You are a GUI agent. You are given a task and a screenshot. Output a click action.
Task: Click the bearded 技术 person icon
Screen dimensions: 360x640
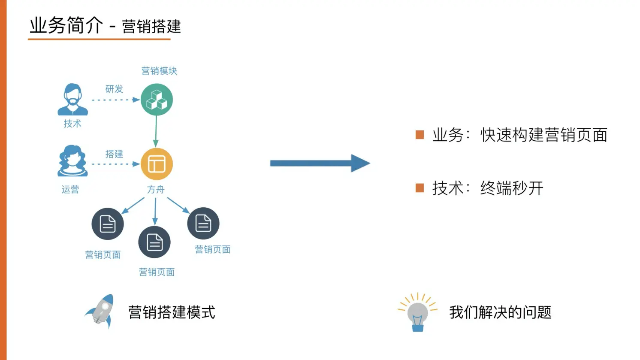pyautogui.click(x=72, y=100)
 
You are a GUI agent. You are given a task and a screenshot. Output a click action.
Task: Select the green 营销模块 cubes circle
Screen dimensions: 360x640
pyautogui.click(x=157, y=100)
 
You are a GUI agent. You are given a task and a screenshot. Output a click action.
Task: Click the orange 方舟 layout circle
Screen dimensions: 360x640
pyautogui.click(x=157, y=164)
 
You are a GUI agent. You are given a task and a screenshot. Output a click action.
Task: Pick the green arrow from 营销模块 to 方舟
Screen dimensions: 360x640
pyautogui.click(x=156, y=131)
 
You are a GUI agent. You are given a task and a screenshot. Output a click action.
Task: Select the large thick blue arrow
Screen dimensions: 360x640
pyautogui.click(x=320, y=163)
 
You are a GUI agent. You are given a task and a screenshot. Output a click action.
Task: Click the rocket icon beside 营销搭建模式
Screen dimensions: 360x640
pyautogui.click(x=101, y=311)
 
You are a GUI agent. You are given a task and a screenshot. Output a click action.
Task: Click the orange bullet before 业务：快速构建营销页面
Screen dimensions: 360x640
pyautogui.click(x=420, y=135)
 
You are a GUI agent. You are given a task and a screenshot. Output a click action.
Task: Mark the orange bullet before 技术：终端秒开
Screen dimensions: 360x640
pyautogui.click(x=420, y=188)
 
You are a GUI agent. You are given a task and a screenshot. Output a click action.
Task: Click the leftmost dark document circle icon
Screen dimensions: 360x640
pyautogui.click(x=108, y=224)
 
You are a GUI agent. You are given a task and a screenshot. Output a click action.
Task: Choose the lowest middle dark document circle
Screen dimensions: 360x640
pyautogui.click(x=154, y=242)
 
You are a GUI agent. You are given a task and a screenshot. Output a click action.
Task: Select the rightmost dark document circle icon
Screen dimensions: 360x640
pyautogui.click(x=203, y=224)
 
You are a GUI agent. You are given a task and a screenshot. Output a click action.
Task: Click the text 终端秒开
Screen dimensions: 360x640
pyautogui.click(x=512, y=188)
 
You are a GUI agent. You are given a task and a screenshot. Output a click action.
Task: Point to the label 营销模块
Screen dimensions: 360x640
pyautogui.click(x=159, y=71)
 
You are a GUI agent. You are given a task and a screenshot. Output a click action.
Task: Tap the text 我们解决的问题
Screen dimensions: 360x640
pyautogui.click(x=500, y=312)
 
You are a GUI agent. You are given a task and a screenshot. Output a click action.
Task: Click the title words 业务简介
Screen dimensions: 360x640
pyautogui.click(x=66, y=26)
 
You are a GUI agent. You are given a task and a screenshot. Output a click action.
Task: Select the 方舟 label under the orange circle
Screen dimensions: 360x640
pyautogui.click(x=156, y=190)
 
